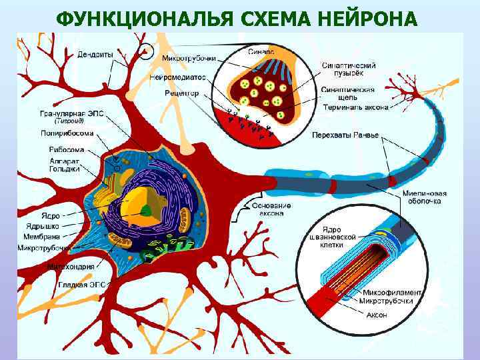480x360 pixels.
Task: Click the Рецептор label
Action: [x=183, y=93]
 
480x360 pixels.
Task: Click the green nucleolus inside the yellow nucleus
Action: [x=146, y=211]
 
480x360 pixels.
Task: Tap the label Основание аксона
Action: [x=271, y=209]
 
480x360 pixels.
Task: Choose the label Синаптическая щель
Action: [x=347, y=94]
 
